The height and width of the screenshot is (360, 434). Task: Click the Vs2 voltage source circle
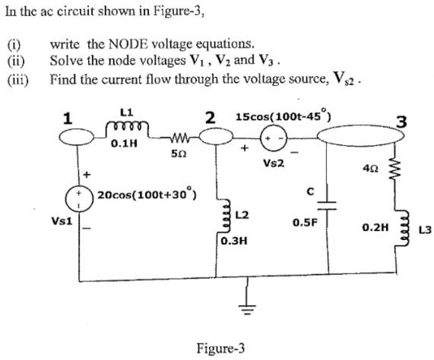point(273,140)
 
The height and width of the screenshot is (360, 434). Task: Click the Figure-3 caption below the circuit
point(220,349)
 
